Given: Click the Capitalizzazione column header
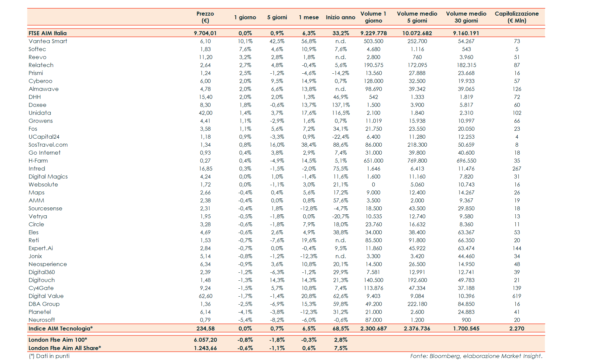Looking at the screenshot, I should tap(517, 17).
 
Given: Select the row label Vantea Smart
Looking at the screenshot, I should tap(48, 41).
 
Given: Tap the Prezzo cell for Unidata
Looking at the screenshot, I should tap(205, 113).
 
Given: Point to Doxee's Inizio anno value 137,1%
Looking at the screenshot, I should tap(340, 105).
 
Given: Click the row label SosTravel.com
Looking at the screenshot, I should tap(48, 145).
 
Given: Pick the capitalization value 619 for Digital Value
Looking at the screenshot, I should tap(517, 296).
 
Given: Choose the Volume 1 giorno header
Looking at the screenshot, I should tap(373, 17).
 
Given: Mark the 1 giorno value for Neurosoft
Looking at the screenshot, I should tap(245, 320).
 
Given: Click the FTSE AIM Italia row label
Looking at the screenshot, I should tap(47, 33).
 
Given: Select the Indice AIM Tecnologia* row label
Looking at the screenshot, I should tap(60, 328).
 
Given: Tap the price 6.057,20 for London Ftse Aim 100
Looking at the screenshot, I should tap(205, 340).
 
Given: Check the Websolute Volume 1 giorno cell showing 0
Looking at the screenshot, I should tap(373, 184).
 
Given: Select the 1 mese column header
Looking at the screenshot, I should tap(309, 17).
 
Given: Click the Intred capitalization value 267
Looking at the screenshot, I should tap(517, 169).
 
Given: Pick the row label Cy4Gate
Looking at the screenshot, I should tap(41, 288).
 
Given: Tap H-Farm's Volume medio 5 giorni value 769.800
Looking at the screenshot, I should tap(417, 161).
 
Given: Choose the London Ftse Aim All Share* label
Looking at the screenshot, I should tap(65, 348).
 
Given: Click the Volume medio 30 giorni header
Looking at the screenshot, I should tap(466, 17).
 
